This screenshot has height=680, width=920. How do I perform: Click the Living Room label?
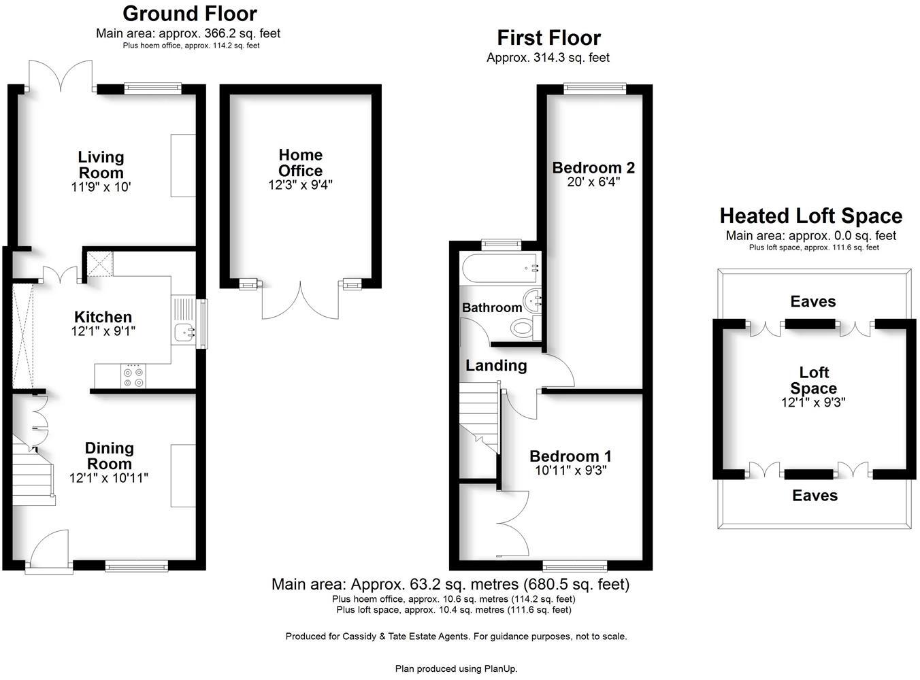(101, 165)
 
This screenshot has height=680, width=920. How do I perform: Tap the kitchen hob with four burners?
(133, 377)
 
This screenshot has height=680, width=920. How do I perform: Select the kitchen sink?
(182, 333)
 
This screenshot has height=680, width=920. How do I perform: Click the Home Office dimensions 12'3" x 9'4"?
(300, 184)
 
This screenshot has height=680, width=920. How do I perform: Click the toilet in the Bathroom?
(523, 328)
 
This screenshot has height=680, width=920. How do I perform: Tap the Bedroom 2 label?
(593, 167)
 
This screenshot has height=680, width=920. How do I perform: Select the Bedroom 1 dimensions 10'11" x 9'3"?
(570, 470)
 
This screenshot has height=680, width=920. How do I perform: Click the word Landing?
(496, 365)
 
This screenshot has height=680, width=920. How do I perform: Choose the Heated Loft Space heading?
(810, 216)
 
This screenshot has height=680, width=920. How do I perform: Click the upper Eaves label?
(813, 301)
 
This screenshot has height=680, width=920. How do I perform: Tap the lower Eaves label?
(815, 496)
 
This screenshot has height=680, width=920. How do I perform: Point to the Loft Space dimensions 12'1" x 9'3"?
(813, 403)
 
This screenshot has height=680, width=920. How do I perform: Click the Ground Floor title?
(190, 14)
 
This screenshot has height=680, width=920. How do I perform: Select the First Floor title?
(548, 37)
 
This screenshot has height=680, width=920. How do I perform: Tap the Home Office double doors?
(300, 301)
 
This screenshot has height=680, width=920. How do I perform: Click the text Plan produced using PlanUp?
(456, 668)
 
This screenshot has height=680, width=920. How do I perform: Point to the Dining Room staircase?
(32, 473)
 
